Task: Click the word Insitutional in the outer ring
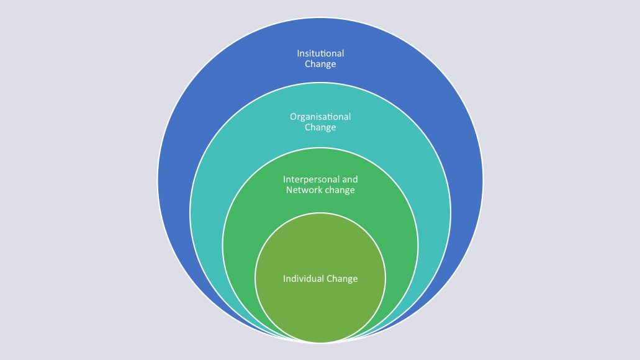pyautogui.click(x=320, y=53)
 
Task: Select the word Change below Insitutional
pyautogui.click(x=320, y=64)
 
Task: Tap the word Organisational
pyautogui.click(x=320, y=117)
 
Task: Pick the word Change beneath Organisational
pyautogui.click(x=320, y=127)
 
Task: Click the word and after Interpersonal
pyautogui.click(x=350, y=179)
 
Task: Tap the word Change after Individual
pyautogui.click(x=343, y=279)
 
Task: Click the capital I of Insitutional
pyautogui.click(x=298, y=53)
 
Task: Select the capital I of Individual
pyautogui.click(x=284, y=279)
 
